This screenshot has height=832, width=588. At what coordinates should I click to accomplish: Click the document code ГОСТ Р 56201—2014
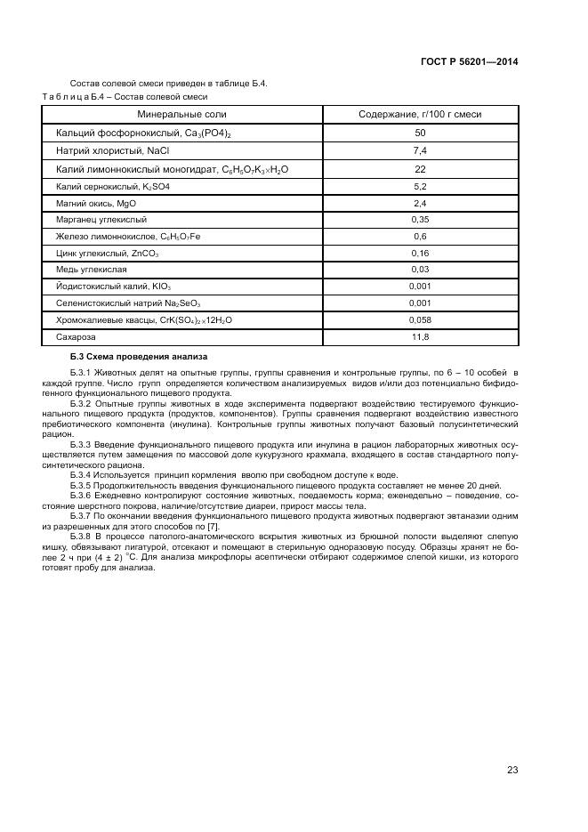pyautogui.click(x=469, y=61)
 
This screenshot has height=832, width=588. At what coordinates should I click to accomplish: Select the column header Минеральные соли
pyautogui.click(x=181, y=115)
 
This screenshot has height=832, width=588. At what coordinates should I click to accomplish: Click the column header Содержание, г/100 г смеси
pyautogui.click(x=420, y=115)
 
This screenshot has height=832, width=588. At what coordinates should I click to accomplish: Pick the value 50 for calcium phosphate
pyautogui.click(x=420, y=133)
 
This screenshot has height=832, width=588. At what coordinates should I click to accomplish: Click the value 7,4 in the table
pyautogui.click(x=420, y=150)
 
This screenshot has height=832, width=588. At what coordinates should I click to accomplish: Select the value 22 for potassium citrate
pyautogui.click(x=420, y=169)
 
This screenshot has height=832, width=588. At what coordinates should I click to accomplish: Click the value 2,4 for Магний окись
pyautogui.click(x=420, y=203)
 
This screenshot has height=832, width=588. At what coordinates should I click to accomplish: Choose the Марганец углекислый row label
pyautogui.click(x=101, y=219)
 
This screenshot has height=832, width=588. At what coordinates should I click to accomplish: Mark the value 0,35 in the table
pyautogui.click(x=420, y=219)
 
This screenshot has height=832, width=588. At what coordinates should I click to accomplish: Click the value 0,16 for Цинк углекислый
pyautogui.click(x=420, y=253)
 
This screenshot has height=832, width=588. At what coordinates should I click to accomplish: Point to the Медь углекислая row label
pyautogui.click(x=92, y=270)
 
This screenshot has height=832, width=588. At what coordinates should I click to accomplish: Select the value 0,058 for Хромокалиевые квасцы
pyautogui.click(x=420, y=319)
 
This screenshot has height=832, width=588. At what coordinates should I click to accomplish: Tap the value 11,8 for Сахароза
pyautogui.click(x=420, y=337)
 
